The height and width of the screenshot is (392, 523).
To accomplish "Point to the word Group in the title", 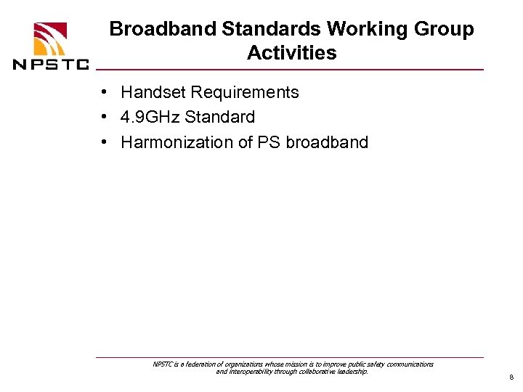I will coord(445,30).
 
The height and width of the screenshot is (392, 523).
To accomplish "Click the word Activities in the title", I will coord(291,53).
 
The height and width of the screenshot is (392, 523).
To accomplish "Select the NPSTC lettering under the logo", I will coord(51,64).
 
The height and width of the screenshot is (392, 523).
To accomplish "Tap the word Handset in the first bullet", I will coord(153,92).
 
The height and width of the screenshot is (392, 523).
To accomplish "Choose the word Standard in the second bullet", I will coord(220,117).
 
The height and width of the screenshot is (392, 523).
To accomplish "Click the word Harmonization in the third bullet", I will coord(177,142).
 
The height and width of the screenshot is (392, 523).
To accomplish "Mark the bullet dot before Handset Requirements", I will coord(105,93).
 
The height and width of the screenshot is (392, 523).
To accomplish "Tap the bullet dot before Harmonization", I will coord(105,142).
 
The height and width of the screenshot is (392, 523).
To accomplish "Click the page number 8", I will coord(511,378).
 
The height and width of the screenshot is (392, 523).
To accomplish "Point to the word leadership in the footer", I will coord(350,372).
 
